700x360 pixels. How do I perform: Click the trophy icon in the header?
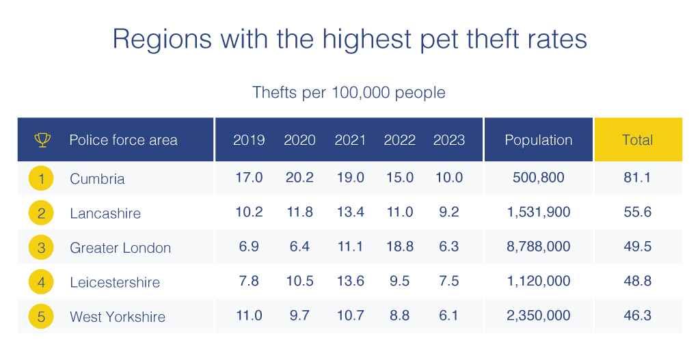pyautogui.click(x=42, y=140)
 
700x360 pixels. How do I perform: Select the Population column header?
pyautogui.click(x=538, y=140)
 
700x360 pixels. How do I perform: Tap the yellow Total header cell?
pyautogui.click(x=637, y=140)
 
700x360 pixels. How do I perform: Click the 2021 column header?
pyautogui.click(x=350, y=140)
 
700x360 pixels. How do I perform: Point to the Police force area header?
pyautogui.click(x=123, y=140)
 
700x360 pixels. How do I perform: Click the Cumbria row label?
pyautogui.click(x=97, y=179)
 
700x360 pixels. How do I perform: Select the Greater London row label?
pyautogui.click(x=120, y=247)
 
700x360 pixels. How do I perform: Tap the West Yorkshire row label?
pyautogui.click(x=118, y=317)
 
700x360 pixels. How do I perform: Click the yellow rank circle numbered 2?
pyautogui.click(x=41, y=213)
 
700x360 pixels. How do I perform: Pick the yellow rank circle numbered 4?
pyautogui.click(x=41, y=282)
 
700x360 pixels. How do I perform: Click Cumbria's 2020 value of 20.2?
pyautogui.click(x=299, y=178)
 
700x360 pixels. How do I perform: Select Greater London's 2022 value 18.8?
pyautogui.click(x=399, y=247)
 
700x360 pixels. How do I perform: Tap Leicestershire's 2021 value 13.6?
pyautogui.click(x=350, y=281)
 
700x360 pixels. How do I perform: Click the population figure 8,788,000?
pyautogui.click(x=538, y=247)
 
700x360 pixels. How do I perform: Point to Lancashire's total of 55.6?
pyautogui.click(x=637, y=212)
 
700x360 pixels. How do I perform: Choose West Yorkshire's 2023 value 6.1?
pyautogui.click(x=448, y=316)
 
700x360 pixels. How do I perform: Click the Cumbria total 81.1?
pyautogui.click(x=637, y=178)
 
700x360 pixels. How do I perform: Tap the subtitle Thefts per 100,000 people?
pyautogui.click(x=349, y=92)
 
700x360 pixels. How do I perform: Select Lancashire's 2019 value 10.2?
pyautogui.click(x=249, y=212)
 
